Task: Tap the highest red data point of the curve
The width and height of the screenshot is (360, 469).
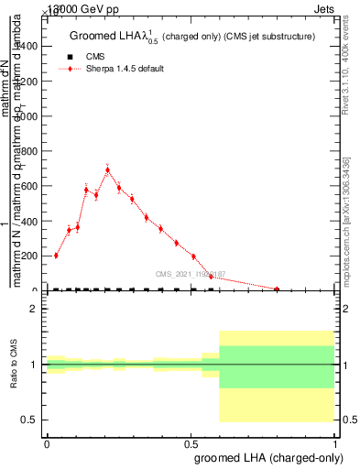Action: (108, 169)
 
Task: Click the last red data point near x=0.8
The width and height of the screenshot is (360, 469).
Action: (277, 289)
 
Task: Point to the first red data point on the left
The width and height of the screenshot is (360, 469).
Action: (56, 256)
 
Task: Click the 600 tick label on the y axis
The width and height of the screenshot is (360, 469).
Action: (30, 187)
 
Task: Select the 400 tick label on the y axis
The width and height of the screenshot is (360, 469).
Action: (30, 222)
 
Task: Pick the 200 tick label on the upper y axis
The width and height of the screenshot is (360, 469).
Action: (30, 256)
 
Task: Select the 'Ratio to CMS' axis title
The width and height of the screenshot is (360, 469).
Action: (14, 365)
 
